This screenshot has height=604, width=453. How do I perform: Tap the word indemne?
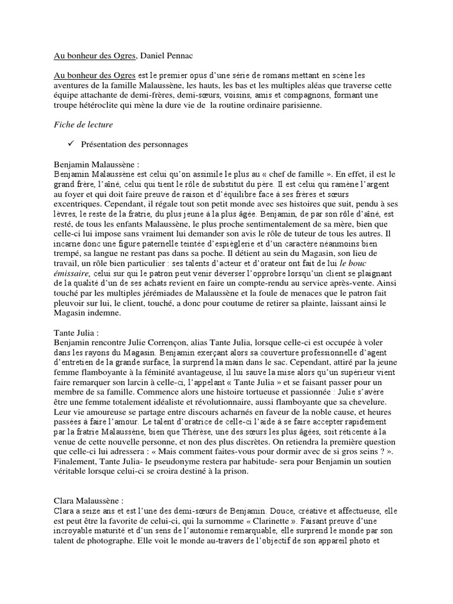102,314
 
